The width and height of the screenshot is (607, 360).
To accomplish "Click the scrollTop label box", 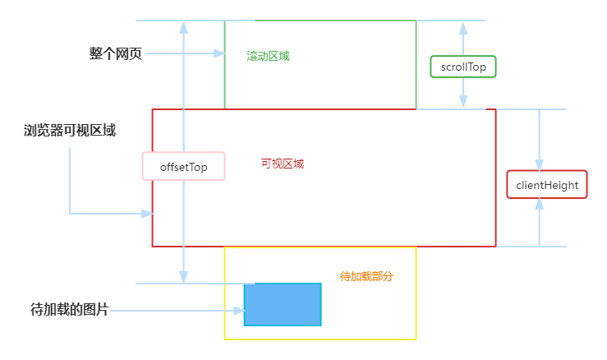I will point(463,66).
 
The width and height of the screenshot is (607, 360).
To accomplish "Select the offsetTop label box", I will point(183,167).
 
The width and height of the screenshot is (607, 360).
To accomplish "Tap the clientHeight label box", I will point(547,186).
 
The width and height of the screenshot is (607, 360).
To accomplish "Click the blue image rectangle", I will point(283,304).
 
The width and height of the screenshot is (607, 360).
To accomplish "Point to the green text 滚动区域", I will point(268,56).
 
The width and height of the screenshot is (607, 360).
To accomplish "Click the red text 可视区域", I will point(283,164).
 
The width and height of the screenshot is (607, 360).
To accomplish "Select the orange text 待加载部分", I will point(366,276).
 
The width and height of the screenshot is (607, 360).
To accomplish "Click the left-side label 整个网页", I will point(116,53).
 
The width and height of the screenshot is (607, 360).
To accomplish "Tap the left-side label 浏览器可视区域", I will point(70,130).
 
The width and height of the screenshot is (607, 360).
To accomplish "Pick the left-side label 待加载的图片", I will point(69,310).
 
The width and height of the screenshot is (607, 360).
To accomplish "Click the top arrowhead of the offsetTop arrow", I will point(183,27).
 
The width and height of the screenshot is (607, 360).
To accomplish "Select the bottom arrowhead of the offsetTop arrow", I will point(183,277).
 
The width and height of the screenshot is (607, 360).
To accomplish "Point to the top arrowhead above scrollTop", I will point(463,27).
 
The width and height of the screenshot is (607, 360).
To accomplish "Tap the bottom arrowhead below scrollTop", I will point(463,102).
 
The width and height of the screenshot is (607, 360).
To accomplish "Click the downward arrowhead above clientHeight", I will point(539,163).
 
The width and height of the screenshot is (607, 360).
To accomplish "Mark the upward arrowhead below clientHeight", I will point(539,209).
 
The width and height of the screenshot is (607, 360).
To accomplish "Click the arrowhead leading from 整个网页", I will point(218,53).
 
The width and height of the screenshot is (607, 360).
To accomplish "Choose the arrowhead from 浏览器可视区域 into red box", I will point(147,214).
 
